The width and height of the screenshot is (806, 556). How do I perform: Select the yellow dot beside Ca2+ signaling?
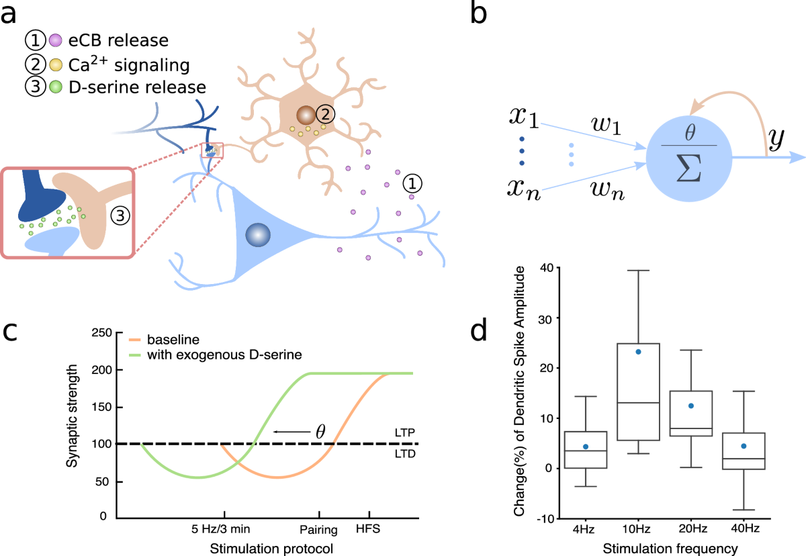57,65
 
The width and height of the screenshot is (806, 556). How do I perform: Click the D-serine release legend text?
139,87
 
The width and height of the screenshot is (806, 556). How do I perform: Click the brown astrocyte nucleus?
306,115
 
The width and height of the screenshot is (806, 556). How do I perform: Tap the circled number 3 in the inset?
120,216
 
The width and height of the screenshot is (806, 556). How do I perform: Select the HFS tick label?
367,528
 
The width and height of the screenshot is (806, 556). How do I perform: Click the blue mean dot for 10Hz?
638,351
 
